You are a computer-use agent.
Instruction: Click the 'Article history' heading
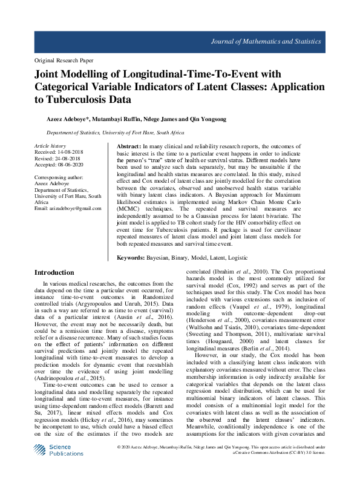(50, 146)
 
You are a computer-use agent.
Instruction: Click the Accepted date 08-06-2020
(71, 165)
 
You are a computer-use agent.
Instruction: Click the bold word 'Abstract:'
(128, 147)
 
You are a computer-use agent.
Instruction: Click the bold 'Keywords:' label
(131, 257)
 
